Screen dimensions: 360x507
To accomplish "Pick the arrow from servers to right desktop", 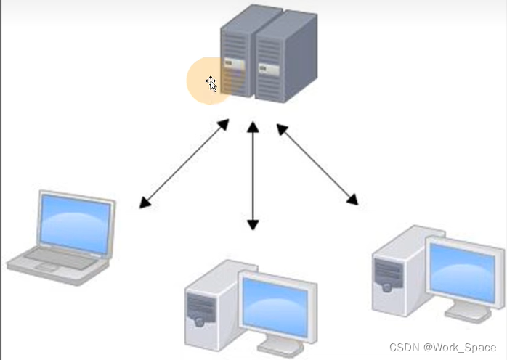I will tap(317, 163).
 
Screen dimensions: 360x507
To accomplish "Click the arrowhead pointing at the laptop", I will tap(145, 202).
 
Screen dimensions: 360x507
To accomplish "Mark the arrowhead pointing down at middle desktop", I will tap(252, 224).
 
